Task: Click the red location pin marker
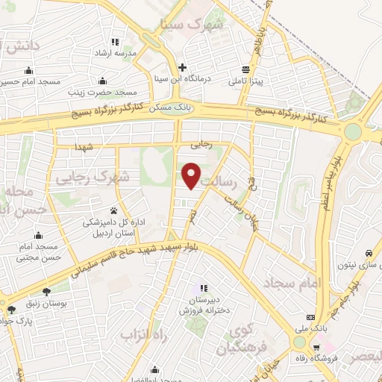coord(192,175)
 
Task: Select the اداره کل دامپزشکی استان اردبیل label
coord(114,227)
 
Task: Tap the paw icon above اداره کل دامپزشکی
coord(114,210)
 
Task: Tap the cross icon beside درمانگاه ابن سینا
coord(184,67)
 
